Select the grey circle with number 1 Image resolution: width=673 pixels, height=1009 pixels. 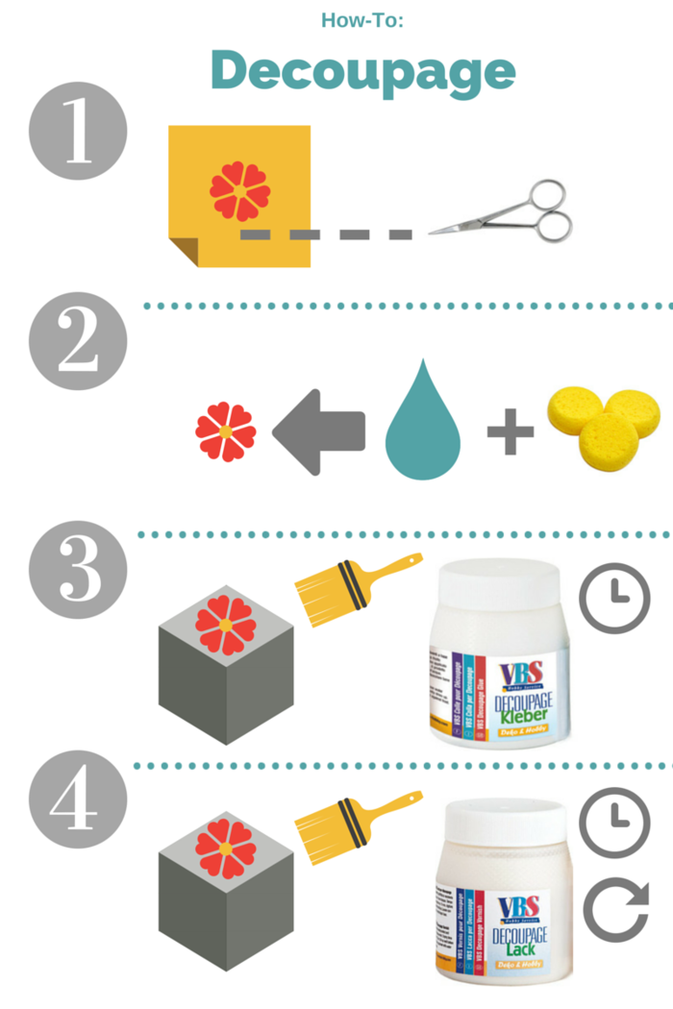(78, 132)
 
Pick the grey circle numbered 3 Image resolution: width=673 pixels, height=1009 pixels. (78, 570)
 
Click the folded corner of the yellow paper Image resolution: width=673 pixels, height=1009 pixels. (184, 251)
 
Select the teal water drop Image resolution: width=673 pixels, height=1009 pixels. (422, 422)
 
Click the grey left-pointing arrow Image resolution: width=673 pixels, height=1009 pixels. (317, 431)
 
